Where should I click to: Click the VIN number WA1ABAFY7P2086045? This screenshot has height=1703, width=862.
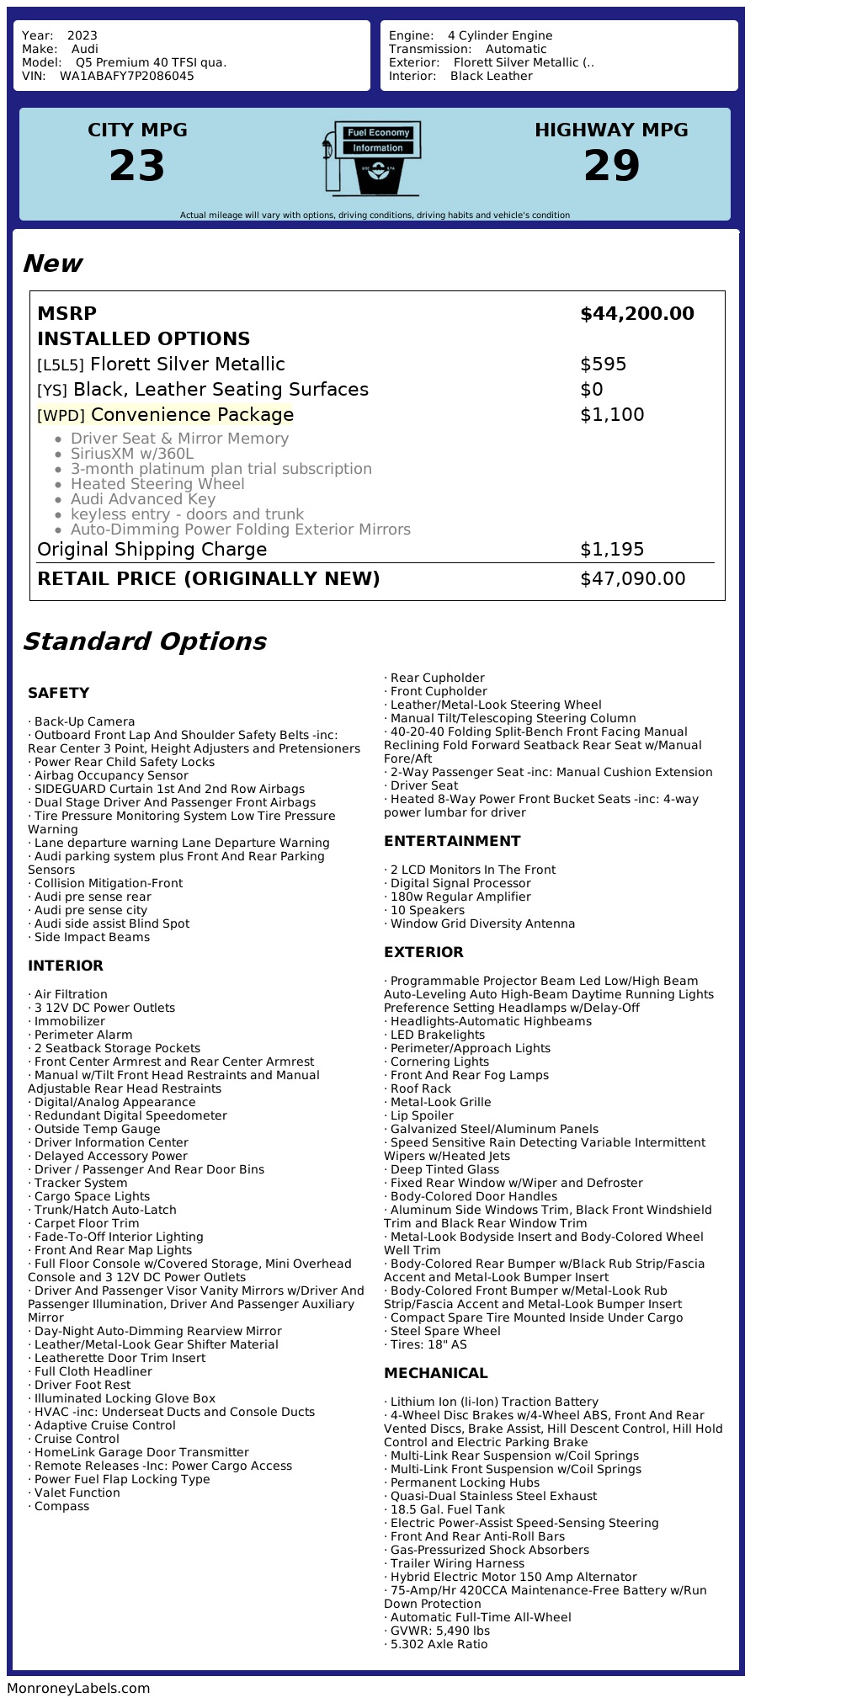pyautogui.click(x=126, y=76)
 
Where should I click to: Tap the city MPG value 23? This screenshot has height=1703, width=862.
pyautogui.click(x=137, y=166)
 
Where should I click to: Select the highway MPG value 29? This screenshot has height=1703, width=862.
pyautogui.click(x=611, y=166)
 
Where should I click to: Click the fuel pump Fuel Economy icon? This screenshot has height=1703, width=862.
pyautogui.click(x=371, y=157)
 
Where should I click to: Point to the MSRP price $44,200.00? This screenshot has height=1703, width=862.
pyautogui.click(x=636, y=314)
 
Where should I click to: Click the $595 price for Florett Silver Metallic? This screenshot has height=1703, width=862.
pyautogui.click(x=603, y=365)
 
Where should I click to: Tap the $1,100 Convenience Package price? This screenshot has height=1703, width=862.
pyautogui.click(x=612, y=415)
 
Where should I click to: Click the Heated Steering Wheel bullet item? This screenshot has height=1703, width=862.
pyautogui.click(x=157, y=484)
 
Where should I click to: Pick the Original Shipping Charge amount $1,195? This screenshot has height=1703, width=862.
pyautogui.click(x=612, y=550)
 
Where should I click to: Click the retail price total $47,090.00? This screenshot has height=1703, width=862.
pyautogui.click(x=632, y=579)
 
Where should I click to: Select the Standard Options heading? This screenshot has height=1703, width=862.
pyautogui.click(x=144, y=641)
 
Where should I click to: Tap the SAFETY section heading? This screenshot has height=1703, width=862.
pyautogui.click(x=58, y=693)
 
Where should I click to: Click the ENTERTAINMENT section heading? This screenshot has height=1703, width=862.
pyautogui.click(x=452, y=841)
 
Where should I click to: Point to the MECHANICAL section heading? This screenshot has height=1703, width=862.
pyautogui.click(x=435, y=1373)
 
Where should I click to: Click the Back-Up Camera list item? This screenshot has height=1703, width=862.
pyautogui.click(x=84, y=721)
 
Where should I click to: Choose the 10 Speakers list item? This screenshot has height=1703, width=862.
pyautogui.click(x=427, y=910)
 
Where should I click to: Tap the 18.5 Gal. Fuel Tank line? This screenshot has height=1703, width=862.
pyautogui.click(x=447, y=1509)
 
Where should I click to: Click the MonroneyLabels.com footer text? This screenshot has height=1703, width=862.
pyautogui.click(x=78, y=1688)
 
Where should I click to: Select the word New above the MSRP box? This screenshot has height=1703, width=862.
pyautogui.click(x=52, y=263)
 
